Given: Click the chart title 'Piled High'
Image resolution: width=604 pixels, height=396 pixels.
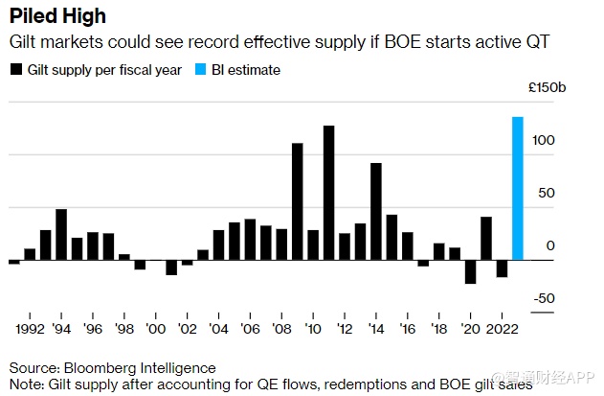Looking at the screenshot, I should pyautogui.click(x=57, y=17).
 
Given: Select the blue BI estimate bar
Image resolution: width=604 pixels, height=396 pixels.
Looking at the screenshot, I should pyautogui.click(x=518, y=188).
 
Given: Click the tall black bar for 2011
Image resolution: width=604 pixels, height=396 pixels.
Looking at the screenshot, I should pyautogui.click(x=328, y=193).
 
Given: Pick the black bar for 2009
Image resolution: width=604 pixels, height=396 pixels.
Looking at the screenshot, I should pyautogui.click(x=297, y=201).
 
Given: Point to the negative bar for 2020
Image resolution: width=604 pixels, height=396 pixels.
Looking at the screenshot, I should pyautogui.click(x=470, y=271).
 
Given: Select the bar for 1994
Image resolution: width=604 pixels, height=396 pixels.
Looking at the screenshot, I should pyautogui.click(x=61, y=234).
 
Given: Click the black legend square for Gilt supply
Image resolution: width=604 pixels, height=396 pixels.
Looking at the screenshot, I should pyautogui.click(x=15, y=70).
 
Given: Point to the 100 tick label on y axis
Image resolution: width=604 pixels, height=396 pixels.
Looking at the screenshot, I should pyautogui.click(x=543, y=141).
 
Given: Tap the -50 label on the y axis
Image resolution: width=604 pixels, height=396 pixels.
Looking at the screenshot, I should pyautogui.click(x=543, y=299).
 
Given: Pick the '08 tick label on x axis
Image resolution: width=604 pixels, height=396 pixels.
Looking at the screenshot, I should pyautogui.click(x=280, y=328).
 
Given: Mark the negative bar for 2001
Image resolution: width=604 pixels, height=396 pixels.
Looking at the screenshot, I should pyautogui.click(x=171, y=267).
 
